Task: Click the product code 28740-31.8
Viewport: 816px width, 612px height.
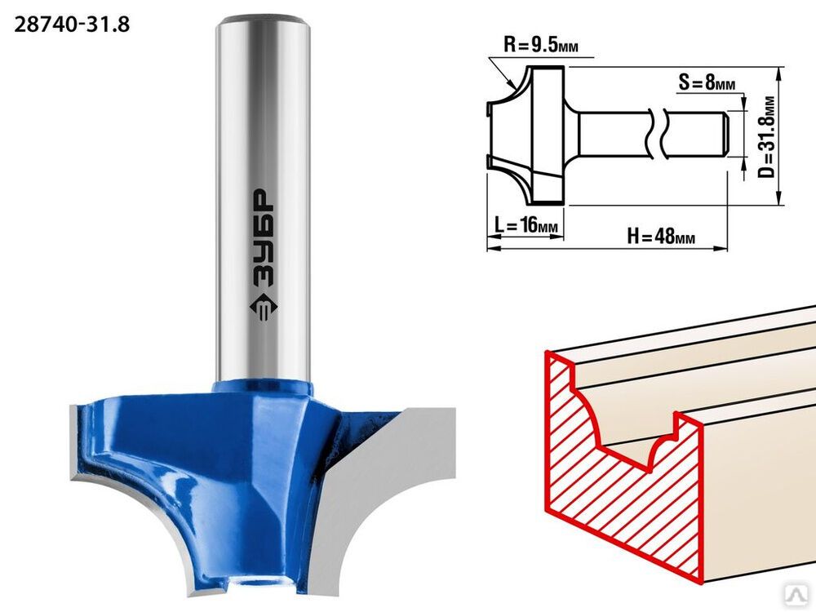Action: [x=72, y=24]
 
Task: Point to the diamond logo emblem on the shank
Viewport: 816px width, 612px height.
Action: [x=264, y=308]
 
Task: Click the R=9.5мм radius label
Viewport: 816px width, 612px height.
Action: [x=540, y=45]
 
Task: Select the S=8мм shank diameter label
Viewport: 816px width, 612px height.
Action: [x=707, y=82]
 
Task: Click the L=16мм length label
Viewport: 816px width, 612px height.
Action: [x=526, y=226]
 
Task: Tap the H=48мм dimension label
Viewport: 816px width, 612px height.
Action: [x=661, y=237]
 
